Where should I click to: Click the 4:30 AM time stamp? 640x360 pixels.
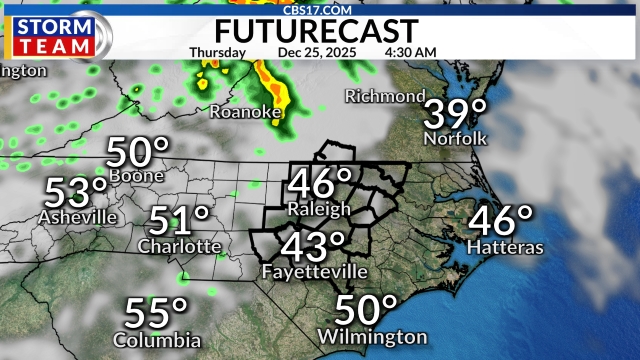pyautogui.click(x=410, y=51)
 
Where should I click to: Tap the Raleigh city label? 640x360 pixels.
pyautogui.click(x=319, y=209)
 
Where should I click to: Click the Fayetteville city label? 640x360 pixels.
pyautogui.click(x=314, y=271)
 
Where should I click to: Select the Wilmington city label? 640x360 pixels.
pyautogui.click(x=373, y=337)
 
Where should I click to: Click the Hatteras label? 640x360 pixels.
pyautogui.click(x=505, y=246)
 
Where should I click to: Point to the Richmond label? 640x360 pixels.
pyautogui.click(x=385, y=97)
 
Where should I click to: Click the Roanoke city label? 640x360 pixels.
pyautogui.click(x=245, y=112)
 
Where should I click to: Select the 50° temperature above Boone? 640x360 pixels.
pyautogui.click(x=138, y=153)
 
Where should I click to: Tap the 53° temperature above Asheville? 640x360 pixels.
pyautogui.click(x=75, y=191)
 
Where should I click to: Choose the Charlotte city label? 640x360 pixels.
pyautogui.click(x=180, y=245)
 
